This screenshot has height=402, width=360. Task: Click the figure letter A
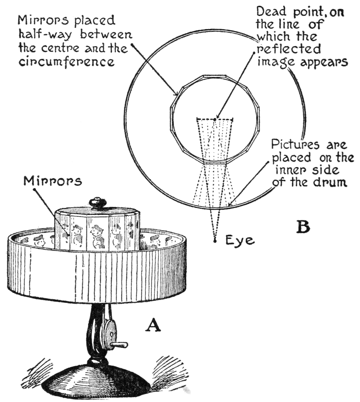point(153,325)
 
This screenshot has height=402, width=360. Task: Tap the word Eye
point(240,240)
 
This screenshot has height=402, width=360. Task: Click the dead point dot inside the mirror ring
point(215,119)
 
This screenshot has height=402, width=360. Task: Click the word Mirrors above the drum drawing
point(52,181)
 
